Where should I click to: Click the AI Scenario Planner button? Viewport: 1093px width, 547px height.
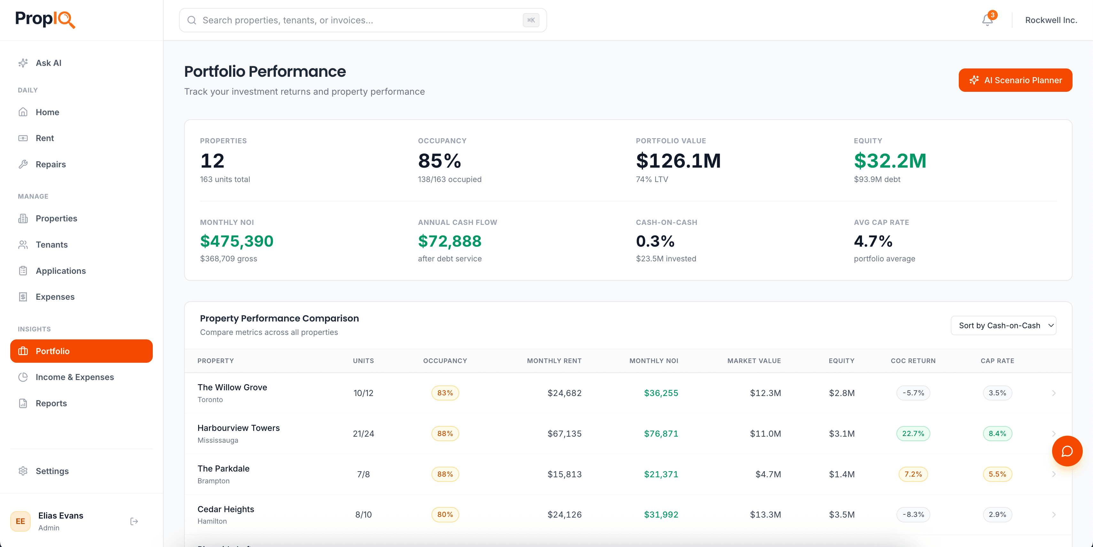[1015, 80]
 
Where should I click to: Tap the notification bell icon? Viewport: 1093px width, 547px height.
[987, 20]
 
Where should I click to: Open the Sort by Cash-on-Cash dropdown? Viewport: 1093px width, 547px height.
[1003, 326]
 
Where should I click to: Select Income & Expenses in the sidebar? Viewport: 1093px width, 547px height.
[75, 377]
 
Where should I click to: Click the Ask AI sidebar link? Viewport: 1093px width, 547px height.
[48, 63]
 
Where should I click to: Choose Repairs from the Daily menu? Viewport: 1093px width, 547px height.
[50, 164]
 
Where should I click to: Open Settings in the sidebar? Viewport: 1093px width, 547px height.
[52, 471]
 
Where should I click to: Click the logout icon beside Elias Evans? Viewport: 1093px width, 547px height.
[134, 521]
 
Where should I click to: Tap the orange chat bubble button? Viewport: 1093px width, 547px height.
[1067, 451]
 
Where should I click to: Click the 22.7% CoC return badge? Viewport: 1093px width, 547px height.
[913, 434]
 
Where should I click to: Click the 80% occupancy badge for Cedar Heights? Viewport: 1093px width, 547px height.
[445, 515]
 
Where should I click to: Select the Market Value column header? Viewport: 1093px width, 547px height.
[754, 361]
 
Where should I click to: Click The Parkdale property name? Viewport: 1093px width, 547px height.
[223, 468]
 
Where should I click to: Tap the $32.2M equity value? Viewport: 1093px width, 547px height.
[890, 161]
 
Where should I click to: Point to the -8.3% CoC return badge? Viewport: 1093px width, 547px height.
[913, 515]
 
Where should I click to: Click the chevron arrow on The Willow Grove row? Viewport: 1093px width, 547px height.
[1054, 393]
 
